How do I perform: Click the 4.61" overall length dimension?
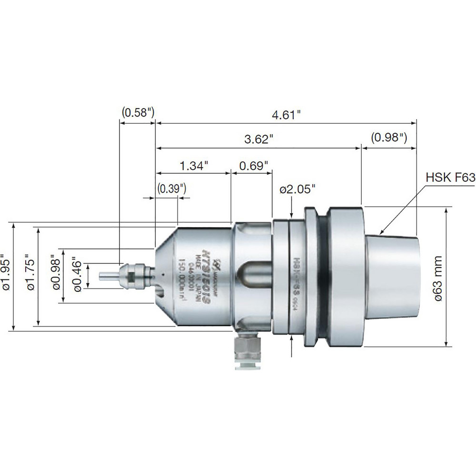(287, 115)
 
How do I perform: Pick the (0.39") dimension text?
(171, 188)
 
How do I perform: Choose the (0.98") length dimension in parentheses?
(389, 138)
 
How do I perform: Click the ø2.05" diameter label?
(297, 189)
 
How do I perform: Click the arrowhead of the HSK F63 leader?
(382, 233)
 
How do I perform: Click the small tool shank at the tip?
(108, 275)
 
